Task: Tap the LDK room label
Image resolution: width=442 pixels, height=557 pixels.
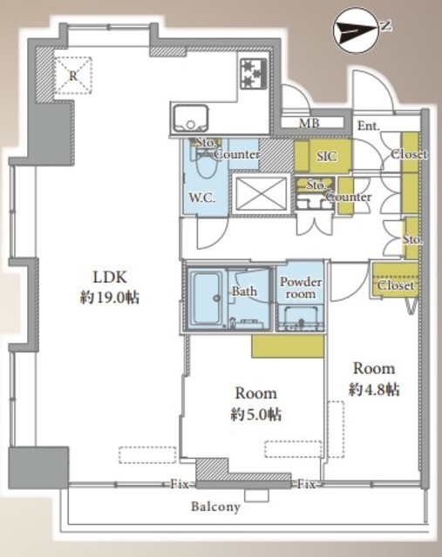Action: coord(110,277)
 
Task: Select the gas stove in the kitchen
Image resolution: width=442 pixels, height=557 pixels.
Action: coord(254,73)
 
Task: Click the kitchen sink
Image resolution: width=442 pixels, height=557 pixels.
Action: coord(190,118)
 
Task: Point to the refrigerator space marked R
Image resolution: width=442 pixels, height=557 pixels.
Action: coord(73,76)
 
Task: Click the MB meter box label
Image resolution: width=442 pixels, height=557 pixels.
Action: coord(309,124)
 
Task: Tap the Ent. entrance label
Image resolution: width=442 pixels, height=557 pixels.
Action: coord(368,125)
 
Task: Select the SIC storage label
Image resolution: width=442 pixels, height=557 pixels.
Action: coord(327,157)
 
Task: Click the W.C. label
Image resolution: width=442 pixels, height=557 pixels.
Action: coord(201,198)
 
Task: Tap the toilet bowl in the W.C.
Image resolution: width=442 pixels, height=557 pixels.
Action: coord(206,164)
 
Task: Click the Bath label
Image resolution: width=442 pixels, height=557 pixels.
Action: coord(244,292)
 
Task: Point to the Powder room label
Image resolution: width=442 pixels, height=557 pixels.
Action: coord(301,288)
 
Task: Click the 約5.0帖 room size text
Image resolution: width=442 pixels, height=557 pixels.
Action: coord(256,414)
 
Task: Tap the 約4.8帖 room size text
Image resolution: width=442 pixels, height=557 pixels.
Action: coord(374,389)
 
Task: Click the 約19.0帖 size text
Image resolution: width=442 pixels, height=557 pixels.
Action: coord(110,298)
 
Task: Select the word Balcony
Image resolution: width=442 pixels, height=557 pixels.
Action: coord(215,507)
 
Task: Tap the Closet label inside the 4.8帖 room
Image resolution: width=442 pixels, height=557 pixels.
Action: coord(395,285)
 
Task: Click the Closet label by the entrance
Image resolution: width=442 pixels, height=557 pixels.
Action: coord(409,155)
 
